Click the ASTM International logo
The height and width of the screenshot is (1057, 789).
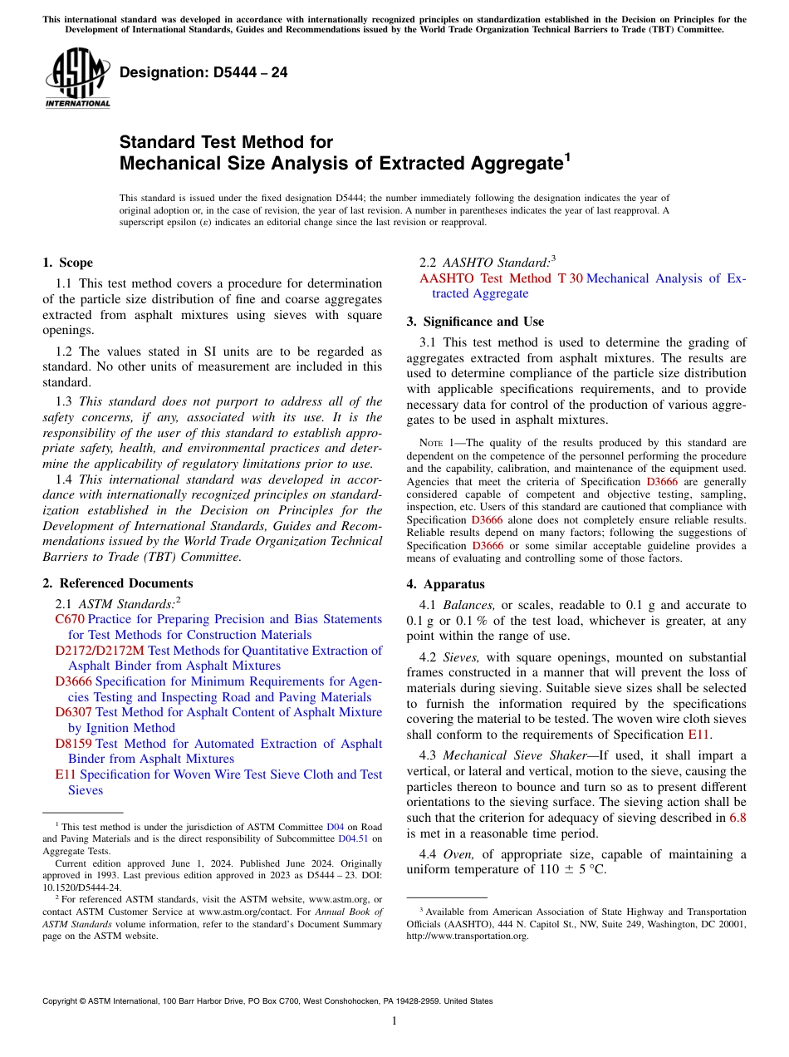77,78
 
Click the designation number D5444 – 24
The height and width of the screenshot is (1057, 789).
203,72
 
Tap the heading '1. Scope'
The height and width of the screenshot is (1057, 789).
67,263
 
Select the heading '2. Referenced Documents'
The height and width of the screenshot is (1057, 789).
117,583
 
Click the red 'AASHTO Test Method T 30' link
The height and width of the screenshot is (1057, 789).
501,278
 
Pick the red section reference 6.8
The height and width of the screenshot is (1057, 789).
737,818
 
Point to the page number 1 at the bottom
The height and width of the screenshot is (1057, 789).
394,1021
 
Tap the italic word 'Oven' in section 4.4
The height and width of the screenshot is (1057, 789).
457,854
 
